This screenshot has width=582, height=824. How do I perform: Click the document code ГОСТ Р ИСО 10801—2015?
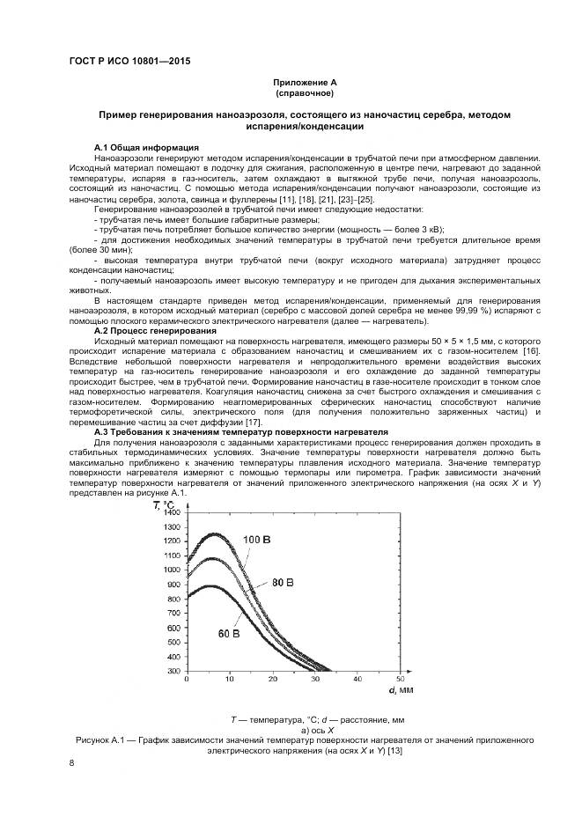tap(129, 61)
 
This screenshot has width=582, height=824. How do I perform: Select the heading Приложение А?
tap(304, 82)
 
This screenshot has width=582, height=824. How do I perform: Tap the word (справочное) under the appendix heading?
tap(304, 92)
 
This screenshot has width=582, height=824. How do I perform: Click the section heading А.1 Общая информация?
tap(146, 147)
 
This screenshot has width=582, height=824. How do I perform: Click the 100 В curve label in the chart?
tap(258, 539)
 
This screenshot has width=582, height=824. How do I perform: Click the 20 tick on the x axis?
tap(272, 679)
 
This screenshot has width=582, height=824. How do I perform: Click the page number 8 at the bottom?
tap(71, 764)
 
